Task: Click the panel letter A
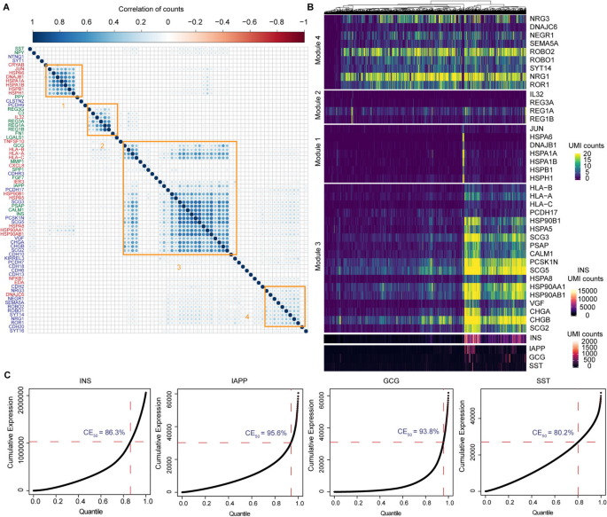coord(5,6)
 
